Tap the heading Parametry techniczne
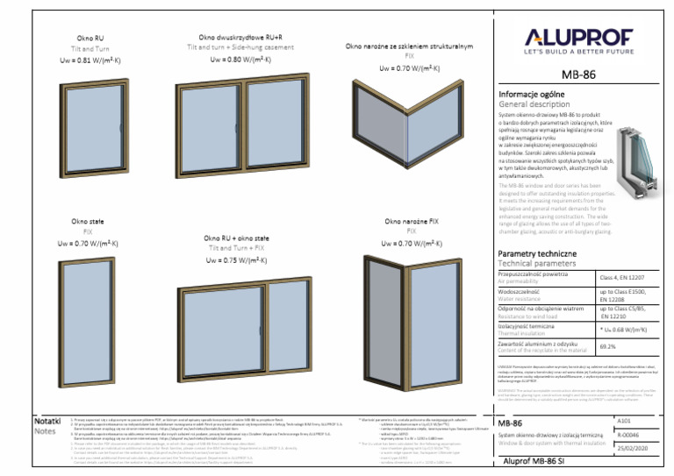537,254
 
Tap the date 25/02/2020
635,447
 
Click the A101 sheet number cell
624,420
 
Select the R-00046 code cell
628,434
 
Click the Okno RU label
90,39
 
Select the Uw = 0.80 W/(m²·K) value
240,60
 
